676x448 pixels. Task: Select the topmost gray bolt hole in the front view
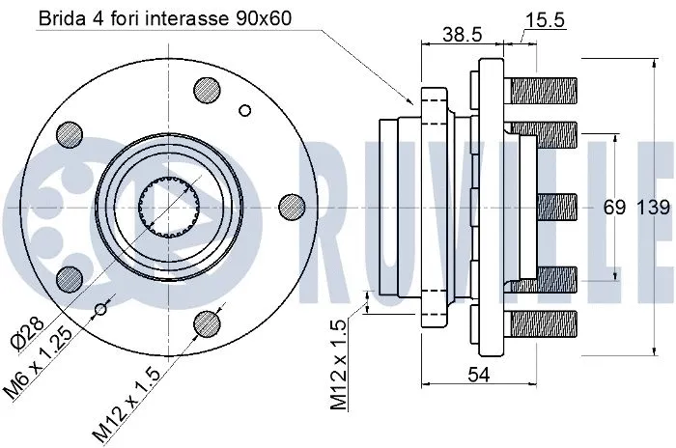pyautogui.click(x=206, y=89)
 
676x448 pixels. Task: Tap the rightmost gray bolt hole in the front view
pyautogui.click(x=290, y=205)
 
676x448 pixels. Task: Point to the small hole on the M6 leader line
pyautogui.click(x=99, y=309)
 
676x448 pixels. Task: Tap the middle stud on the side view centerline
pyautogui.click(x=556, y=205)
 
